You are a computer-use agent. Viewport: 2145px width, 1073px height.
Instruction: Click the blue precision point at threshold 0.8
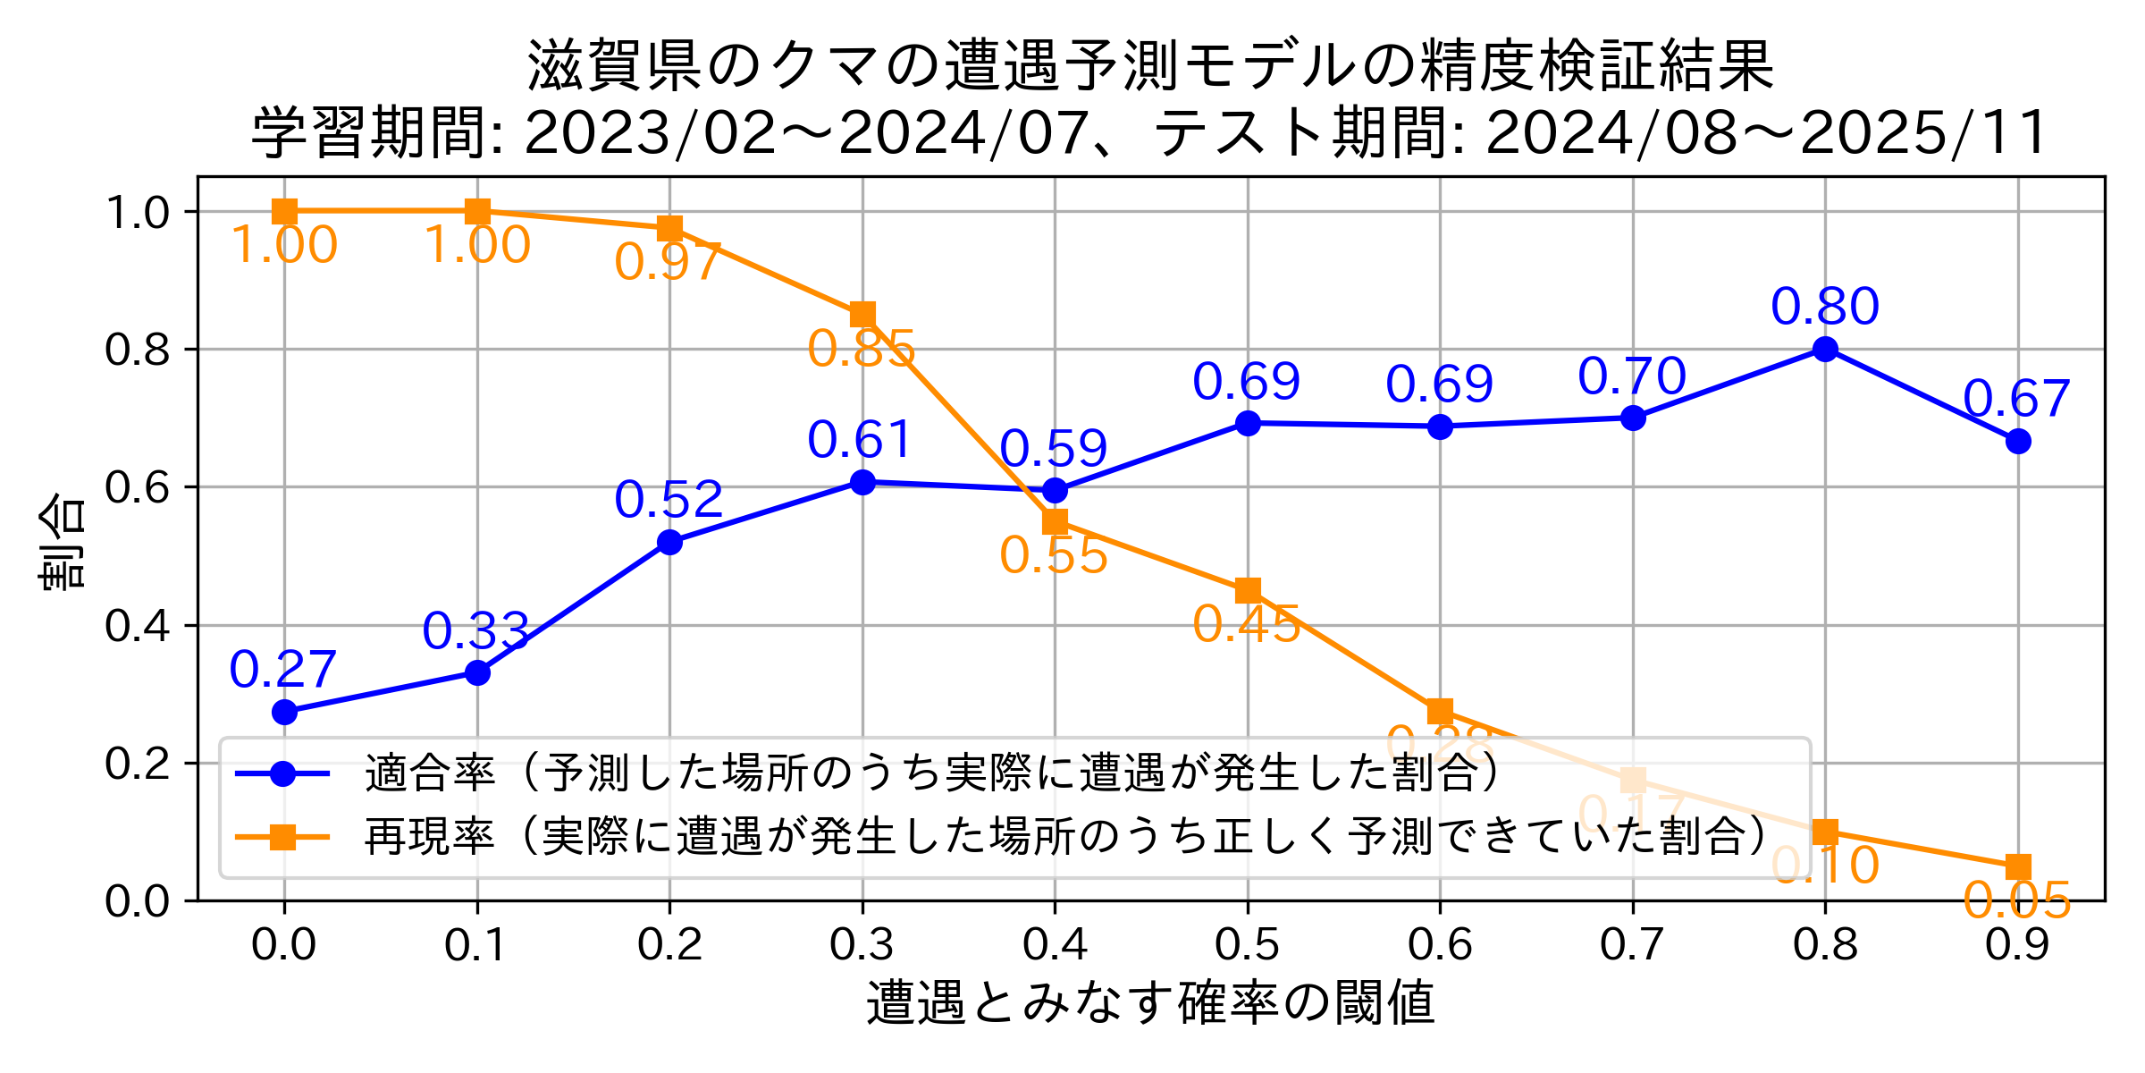[x=1825, y=349]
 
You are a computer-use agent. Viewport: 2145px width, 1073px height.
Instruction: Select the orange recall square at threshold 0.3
[x=862, y=315]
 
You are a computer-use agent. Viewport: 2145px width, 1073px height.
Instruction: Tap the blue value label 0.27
[x=282, y=670]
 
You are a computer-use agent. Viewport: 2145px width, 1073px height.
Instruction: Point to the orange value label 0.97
[x=668, y=262]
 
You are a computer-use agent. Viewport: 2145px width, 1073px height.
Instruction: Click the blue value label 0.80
[x=1825, y=307]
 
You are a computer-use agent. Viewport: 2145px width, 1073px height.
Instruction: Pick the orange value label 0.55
[x=1054, y=555]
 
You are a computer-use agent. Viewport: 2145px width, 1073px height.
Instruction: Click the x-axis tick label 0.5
[x=1248, y=945]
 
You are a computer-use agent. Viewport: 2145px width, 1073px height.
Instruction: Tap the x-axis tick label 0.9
[x=2018, y=945]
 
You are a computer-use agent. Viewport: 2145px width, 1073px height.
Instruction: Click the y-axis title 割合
[x=63, y=541]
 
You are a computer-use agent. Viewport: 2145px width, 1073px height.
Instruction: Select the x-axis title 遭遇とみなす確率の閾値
[x=1150, y=1002]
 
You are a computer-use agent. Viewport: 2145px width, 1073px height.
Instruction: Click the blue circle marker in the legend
[x=282, y=773]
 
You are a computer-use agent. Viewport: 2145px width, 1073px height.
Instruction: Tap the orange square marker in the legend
[x=282, y=837]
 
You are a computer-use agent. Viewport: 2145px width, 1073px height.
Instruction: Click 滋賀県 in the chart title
[x=615, y=67]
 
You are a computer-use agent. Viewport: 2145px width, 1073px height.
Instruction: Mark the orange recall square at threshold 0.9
[x=2018, y=866]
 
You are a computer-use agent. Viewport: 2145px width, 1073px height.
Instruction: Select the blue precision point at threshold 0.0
[x=284, y=712]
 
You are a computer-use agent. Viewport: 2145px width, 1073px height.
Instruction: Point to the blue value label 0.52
[x=668, y=499]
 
